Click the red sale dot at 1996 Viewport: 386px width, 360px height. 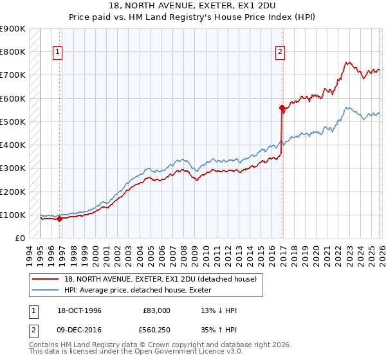coord(60,219)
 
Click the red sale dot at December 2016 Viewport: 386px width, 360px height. coord(282,107)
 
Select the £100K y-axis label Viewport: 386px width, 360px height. coord(13,215)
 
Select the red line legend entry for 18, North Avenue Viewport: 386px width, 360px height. coord(160,279)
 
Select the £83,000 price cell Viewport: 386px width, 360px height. coord(156,310)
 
